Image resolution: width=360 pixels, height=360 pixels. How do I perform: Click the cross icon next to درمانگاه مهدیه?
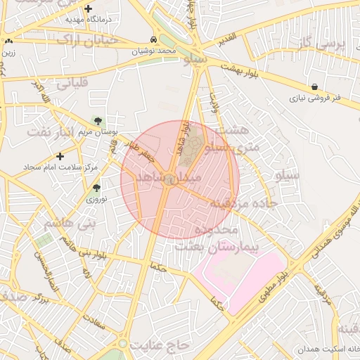88,9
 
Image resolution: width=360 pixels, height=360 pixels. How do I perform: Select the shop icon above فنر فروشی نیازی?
314,86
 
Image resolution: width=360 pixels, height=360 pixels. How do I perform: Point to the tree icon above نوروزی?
96,188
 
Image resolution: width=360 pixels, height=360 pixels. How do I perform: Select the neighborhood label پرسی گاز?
322,44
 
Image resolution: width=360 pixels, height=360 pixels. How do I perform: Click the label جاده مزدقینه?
249,202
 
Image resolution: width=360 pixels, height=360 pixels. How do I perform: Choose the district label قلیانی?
71,83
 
